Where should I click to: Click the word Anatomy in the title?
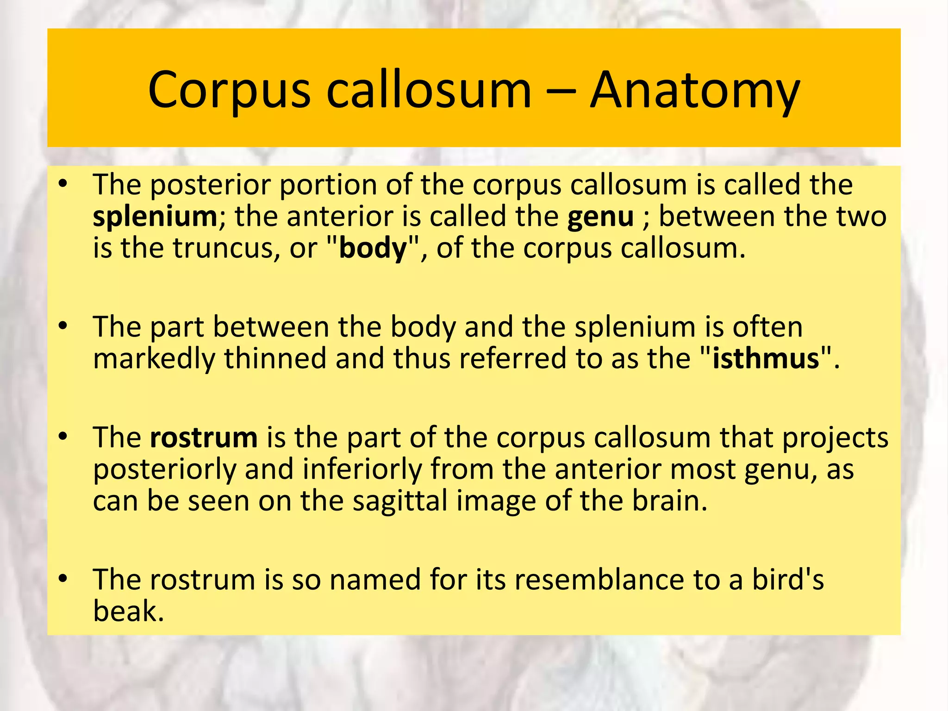tap(694, 90)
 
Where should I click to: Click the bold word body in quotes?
tap(373, 249)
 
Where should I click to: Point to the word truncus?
tap(226, 249)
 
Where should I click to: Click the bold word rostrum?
tap(204, 437)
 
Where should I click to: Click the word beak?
tap(128, 611)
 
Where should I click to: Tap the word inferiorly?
tap(362, 470)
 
